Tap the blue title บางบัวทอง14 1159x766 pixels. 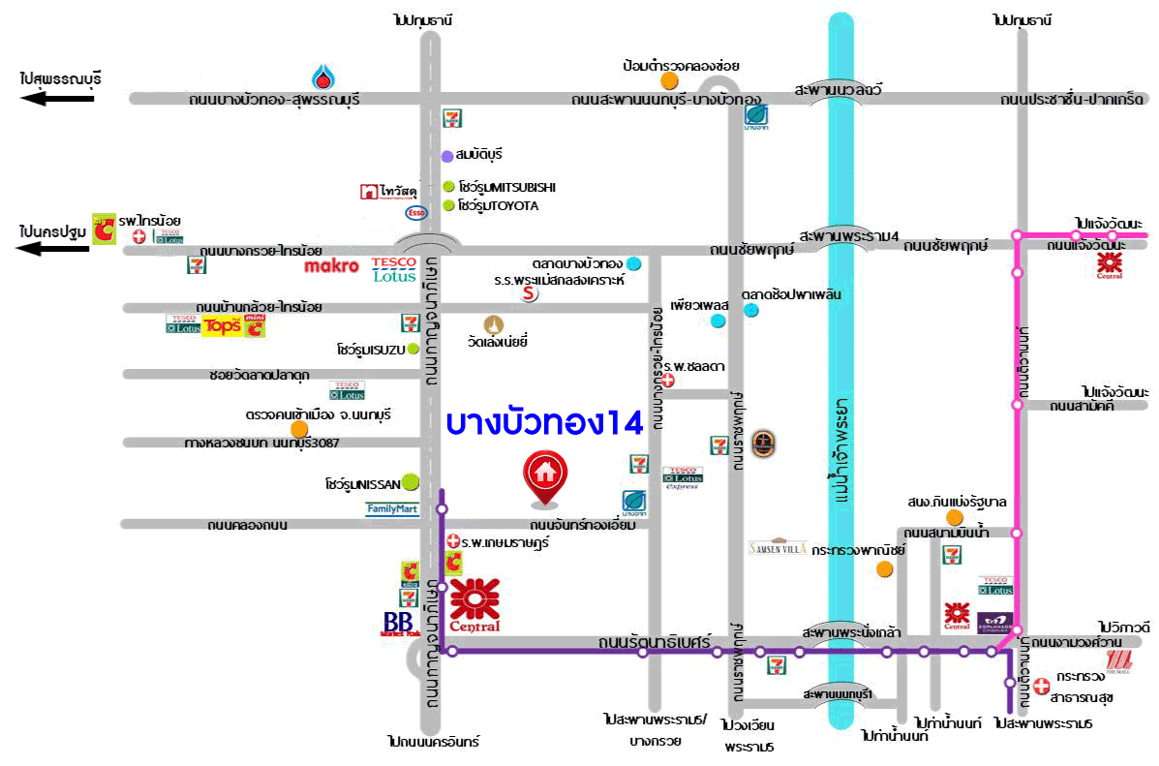point(545,423)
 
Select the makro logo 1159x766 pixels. point(331,265)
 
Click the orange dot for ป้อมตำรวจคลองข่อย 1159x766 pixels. point(669,80)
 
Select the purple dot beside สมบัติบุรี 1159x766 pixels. point(446,156)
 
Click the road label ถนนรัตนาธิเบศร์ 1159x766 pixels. point(668,641)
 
